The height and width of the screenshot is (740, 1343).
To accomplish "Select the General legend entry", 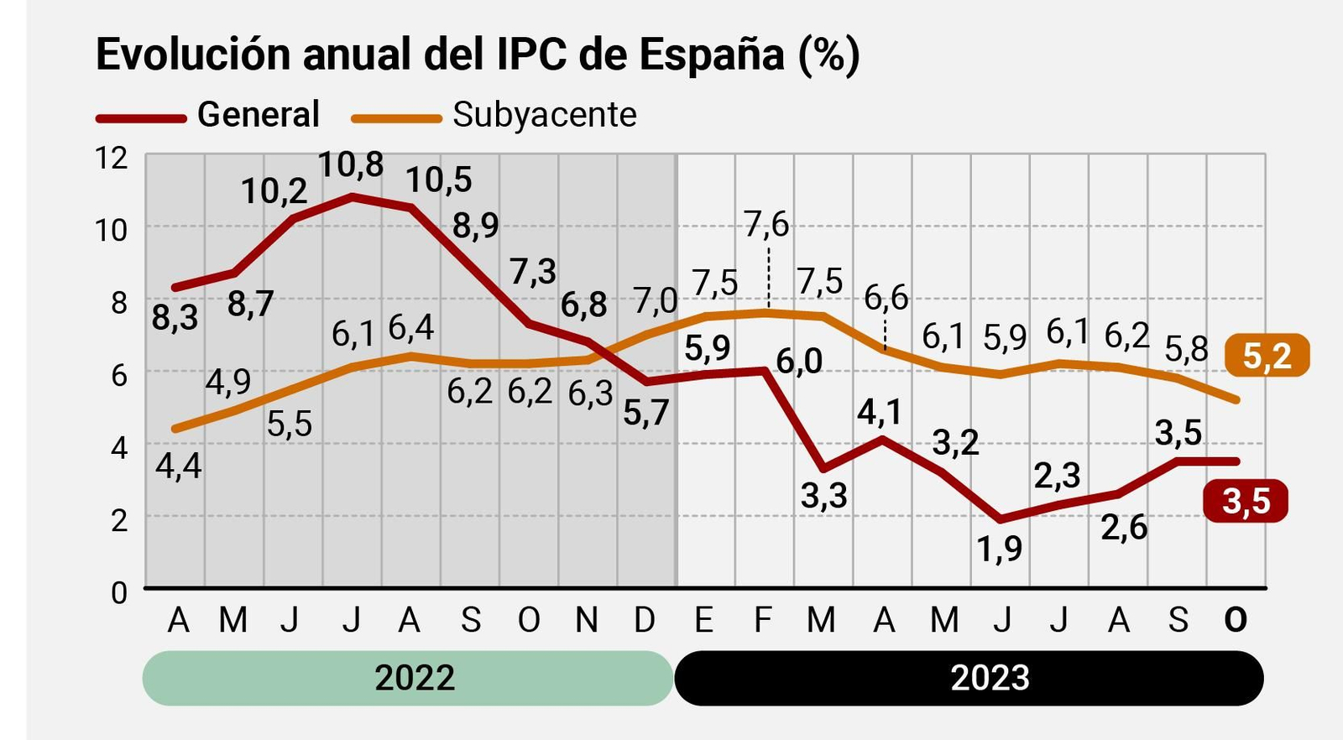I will [258, 114].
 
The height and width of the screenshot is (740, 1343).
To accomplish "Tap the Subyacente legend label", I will [544, 114].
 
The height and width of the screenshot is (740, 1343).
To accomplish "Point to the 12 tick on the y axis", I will [111, 157].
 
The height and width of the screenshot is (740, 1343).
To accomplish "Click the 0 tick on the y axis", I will [119, 592].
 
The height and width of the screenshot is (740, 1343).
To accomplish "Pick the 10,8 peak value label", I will [351, 164].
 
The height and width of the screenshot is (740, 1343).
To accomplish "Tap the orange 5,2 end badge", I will [1267, 356].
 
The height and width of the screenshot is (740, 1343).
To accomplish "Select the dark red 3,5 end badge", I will [1246, 501].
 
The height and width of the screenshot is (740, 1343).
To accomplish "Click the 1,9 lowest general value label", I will [999, 549].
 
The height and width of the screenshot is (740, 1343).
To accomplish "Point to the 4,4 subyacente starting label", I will [178, 466].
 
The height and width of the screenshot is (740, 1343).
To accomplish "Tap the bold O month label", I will [1235, 620].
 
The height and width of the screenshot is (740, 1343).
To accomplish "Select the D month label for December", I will [644, 620].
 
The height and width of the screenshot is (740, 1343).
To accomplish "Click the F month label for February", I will [762, 620].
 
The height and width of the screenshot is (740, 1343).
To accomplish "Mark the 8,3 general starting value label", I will [175, 318].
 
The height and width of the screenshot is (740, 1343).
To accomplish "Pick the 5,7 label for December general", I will [645, 413].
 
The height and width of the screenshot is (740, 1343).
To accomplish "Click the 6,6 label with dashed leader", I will [886, 297].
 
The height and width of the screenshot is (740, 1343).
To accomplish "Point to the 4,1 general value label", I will [879, 412].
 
